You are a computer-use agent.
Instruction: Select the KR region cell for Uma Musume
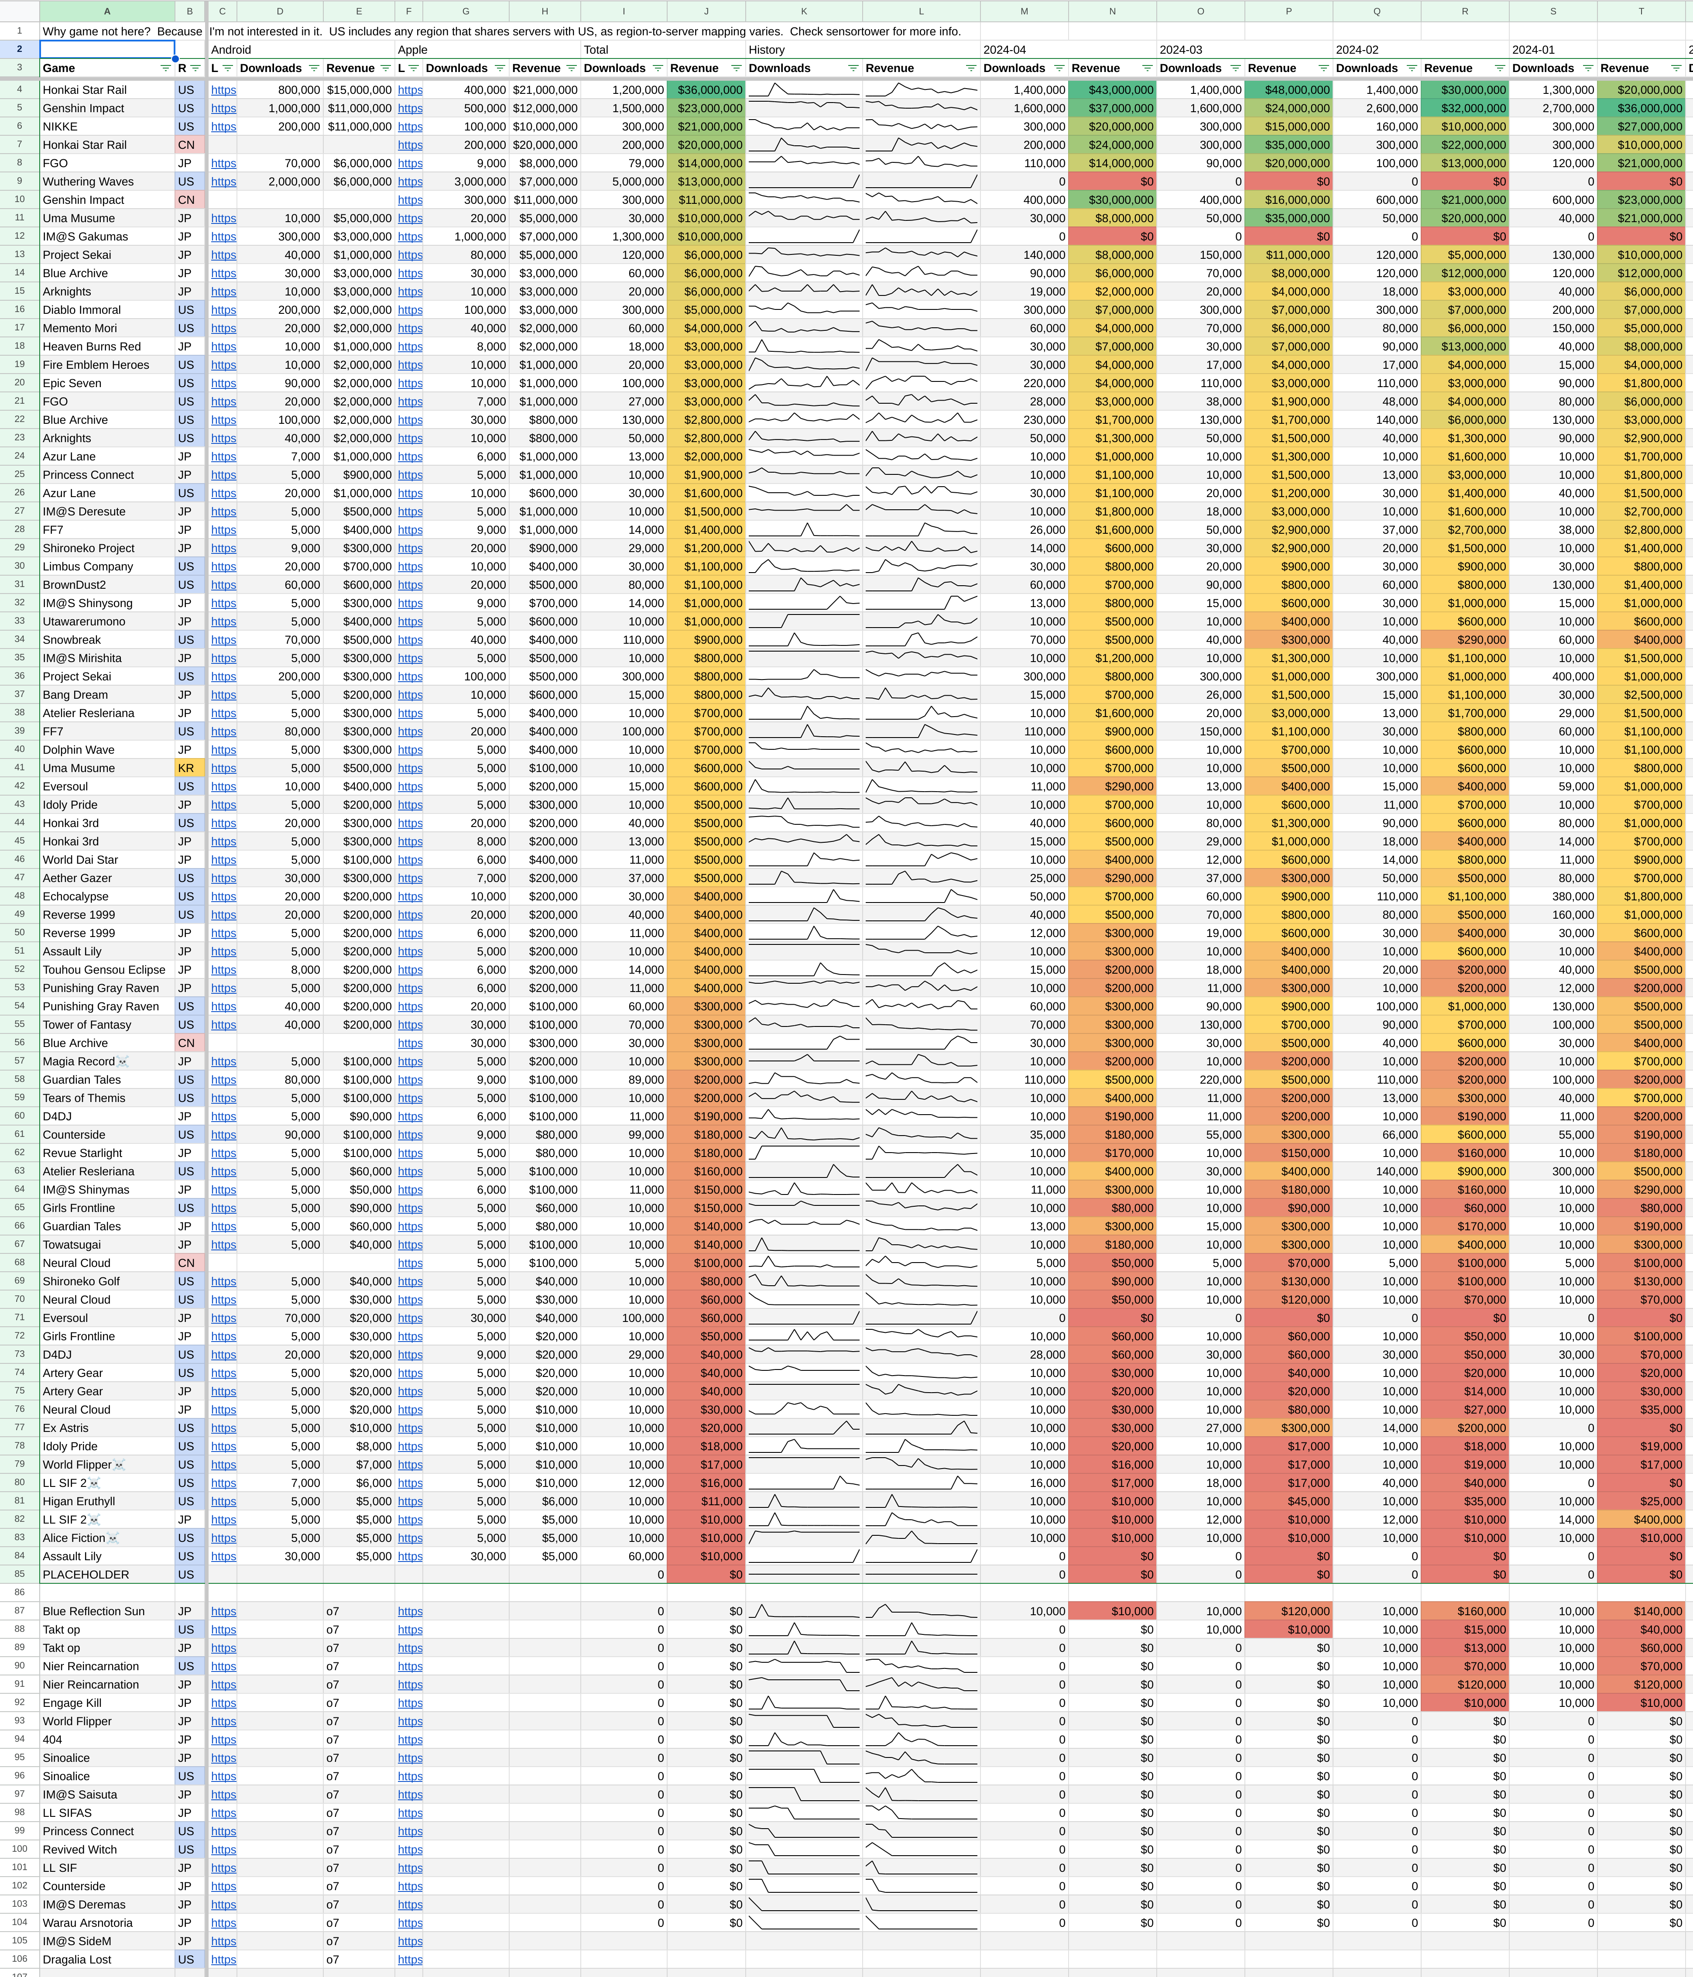pos(186,768)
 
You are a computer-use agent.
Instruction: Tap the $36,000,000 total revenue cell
pos(706,90)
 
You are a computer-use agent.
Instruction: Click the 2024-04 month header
pos(1004,50)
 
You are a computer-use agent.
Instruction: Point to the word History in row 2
pos(767,50)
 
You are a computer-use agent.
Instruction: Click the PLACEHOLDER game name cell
pos(86,1574)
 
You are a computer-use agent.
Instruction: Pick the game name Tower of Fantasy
pos(87,1025)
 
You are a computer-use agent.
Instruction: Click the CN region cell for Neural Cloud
pos(186,1262)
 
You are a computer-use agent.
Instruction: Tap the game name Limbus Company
pos(88,567)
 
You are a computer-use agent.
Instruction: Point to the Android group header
pos(231,50)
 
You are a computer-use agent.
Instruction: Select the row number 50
pos(19,933)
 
